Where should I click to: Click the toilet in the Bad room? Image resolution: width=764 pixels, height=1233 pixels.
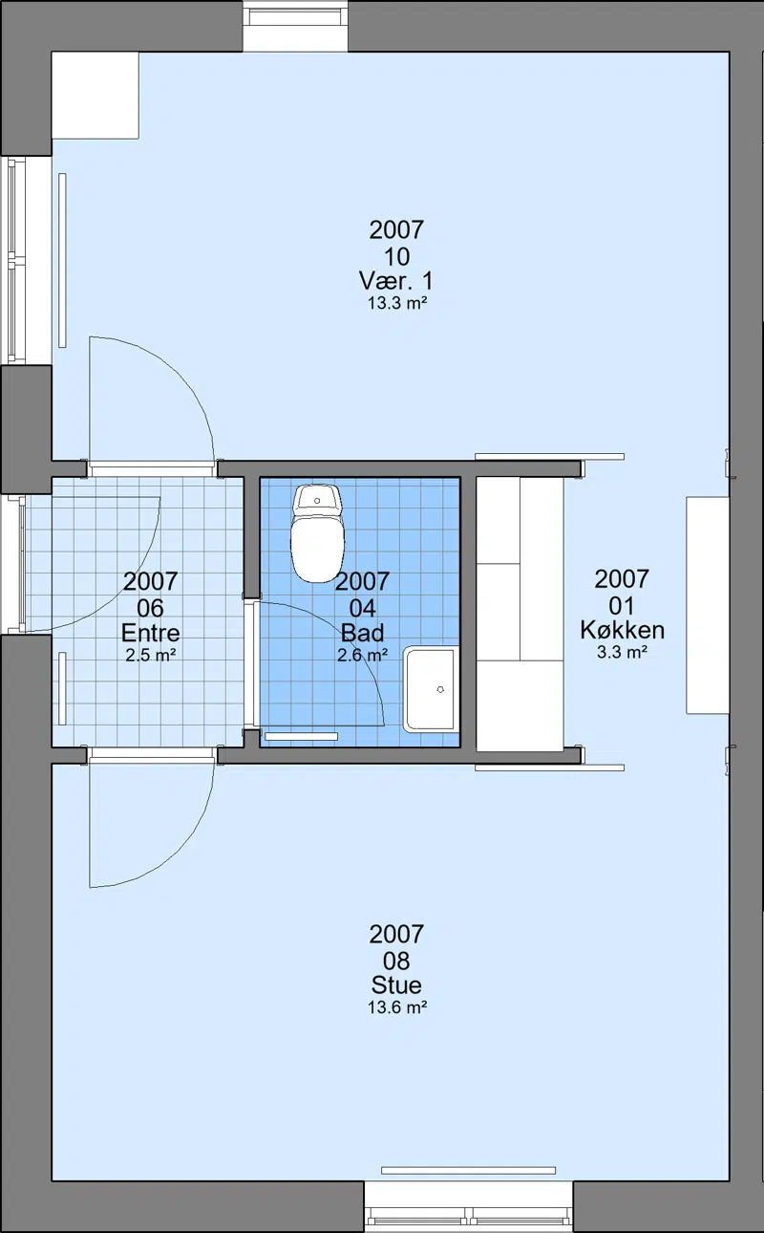click(x=318, y=532)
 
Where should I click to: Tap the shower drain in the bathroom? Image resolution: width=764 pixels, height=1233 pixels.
click(x=440, y=689)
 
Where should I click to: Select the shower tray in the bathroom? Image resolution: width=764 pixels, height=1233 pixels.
click(x=432, y=689)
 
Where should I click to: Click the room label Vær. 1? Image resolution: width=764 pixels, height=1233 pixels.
click(x=396, y=281)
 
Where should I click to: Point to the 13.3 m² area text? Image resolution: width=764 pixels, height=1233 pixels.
click(x=397, y=303)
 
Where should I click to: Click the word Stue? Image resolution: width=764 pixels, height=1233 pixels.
click(x=396, y=984)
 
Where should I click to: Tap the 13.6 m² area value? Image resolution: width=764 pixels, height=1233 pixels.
click(x=397, y=1007)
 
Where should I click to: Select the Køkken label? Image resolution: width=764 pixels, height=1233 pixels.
click(x=622, y=630)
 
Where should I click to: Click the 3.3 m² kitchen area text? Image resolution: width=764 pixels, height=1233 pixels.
click(x=622, y=652)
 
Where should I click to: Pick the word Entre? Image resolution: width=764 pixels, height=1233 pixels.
click(x=150, y=633)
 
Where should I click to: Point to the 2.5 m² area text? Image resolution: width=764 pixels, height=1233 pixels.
click(x=150, y=656)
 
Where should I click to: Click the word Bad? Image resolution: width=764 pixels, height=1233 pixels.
click(x=363, y=633)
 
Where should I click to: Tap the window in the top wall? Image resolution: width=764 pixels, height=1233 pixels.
click(x=296, y=26)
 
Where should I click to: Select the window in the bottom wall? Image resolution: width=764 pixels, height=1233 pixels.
click(x=469, y=1206)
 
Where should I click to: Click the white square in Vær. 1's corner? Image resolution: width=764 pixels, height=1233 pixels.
click(x=95, y=96)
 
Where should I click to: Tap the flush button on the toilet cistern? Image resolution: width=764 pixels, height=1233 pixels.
click(x=317, y=500)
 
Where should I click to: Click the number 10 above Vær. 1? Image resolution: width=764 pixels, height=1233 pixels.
click(x=396, y=256)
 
